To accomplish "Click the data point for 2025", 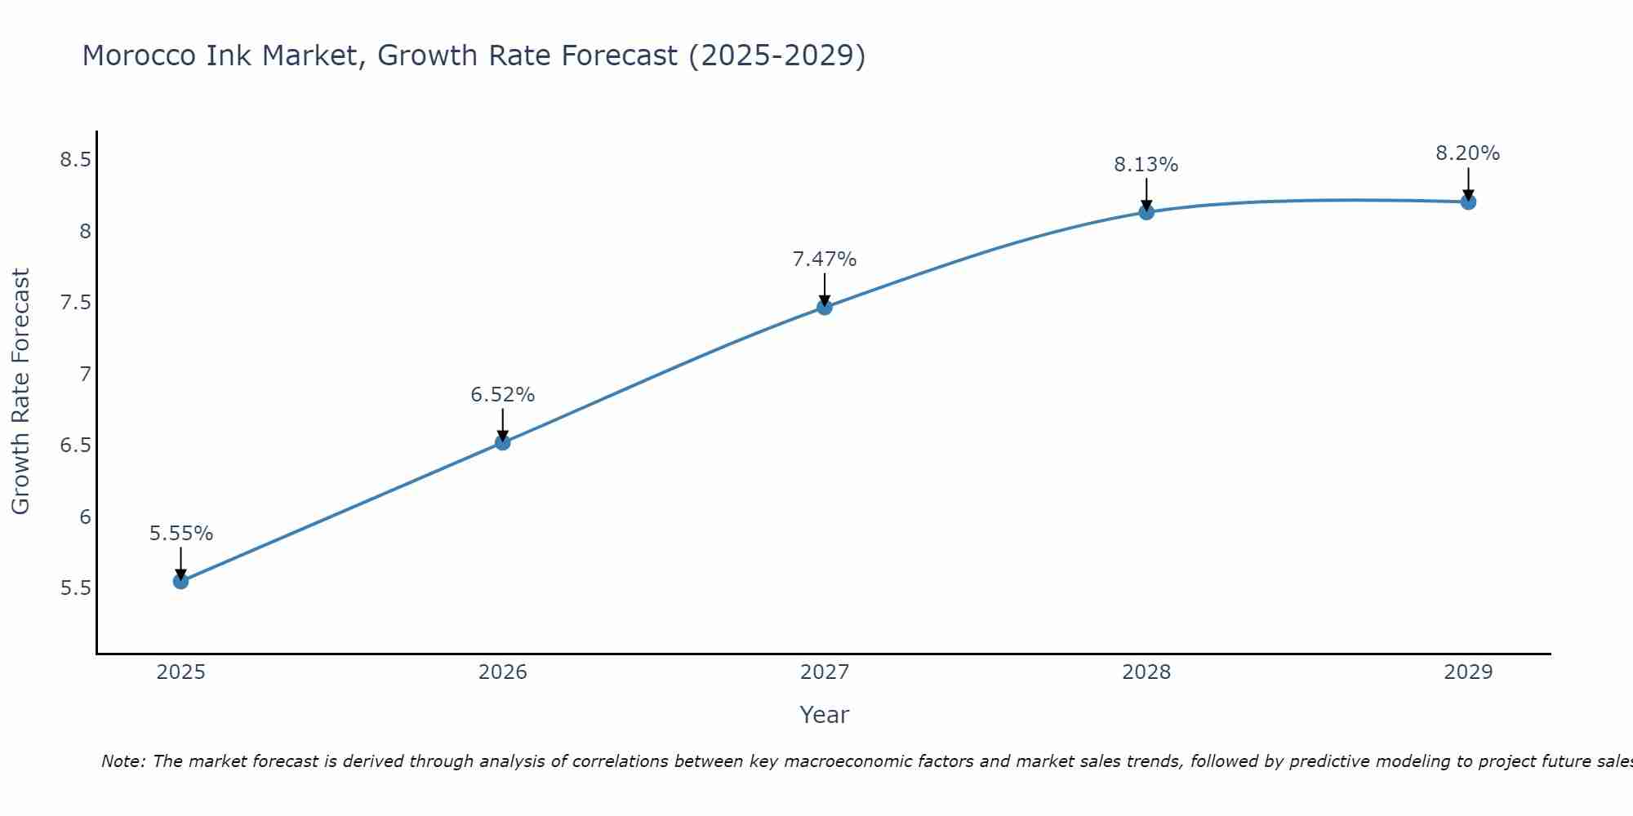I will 180,581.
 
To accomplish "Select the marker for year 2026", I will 503,442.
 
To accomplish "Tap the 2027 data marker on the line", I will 825,307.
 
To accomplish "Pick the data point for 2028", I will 1146,212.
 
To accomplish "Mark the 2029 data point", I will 1468,202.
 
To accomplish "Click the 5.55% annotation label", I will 180,534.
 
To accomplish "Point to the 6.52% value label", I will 503,395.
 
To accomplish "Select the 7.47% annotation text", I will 825,259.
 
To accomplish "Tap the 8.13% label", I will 1146,165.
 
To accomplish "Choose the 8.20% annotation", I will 1468,153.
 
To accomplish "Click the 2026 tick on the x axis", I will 503,672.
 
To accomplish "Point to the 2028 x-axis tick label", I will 1146,672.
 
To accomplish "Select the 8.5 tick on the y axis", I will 75,159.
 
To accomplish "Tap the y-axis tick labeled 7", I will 85,375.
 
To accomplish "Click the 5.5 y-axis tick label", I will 75,588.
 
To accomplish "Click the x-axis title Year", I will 825,715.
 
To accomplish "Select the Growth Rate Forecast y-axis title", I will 20,392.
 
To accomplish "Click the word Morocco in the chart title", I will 140,55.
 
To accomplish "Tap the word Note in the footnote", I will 122,761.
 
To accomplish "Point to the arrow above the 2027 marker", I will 825,288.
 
